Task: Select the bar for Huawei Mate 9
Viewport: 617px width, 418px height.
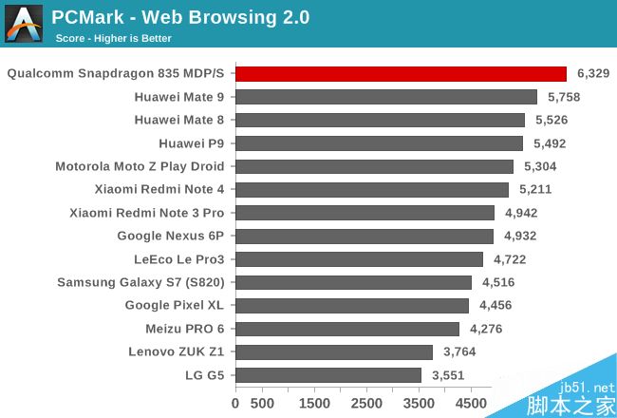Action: point(386,97)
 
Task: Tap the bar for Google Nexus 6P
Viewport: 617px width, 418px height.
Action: point(365,236)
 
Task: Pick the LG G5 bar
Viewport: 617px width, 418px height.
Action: point(328,375)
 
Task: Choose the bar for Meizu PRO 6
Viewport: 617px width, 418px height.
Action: point(347,329)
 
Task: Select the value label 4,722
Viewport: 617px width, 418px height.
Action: point(508,259)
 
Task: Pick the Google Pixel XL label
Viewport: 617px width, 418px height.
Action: point(175,306)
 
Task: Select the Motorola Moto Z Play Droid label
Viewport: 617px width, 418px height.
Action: point(140,166)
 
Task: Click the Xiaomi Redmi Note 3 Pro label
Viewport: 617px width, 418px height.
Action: point(147,213)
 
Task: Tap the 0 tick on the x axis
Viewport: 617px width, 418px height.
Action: point(236,403)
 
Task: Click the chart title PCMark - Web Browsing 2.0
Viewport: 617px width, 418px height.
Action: point(180,18)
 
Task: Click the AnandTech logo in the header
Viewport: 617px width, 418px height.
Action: point(24,24)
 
